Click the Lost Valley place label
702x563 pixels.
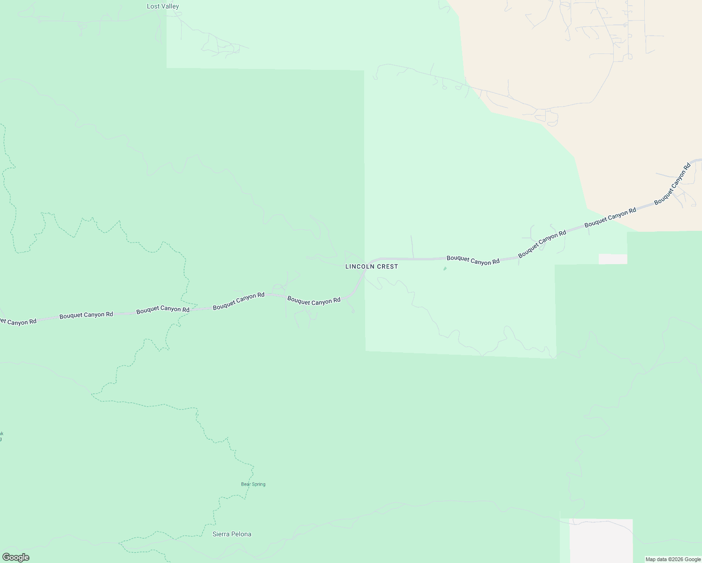pos(163,7)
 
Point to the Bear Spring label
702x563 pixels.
pos(253,484)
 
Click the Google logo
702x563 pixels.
pos(15,557)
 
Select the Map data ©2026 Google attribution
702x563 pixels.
pos(673,559)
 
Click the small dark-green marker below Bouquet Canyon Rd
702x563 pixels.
pos(445,269)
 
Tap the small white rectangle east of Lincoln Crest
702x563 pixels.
pos(613,259)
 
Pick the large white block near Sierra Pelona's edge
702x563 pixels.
pos(601,540)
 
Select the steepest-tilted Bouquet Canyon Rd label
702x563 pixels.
pos(672,183)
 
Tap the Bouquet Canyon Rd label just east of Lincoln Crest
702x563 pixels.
pos(473,260)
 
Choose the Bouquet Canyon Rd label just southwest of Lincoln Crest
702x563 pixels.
pos(313,301)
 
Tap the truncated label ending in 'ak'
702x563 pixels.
pos(1,434)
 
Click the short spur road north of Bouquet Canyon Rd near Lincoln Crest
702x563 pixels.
pos(412,246)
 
